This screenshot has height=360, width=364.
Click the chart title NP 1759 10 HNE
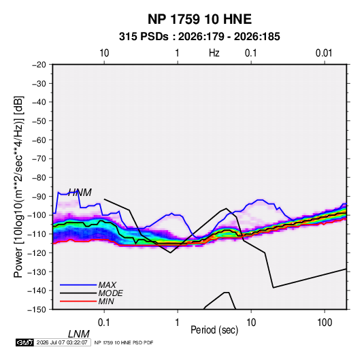point(199,19)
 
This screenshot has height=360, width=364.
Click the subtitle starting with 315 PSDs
point(199,37)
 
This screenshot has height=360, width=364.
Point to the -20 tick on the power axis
point(39,65)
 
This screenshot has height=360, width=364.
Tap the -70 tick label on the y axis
point(39,159)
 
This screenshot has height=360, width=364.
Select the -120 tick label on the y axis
point(37,252)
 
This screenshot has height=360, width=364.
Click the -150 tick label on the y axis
point(37,310)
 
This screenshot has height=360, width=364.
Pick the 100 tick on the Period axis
point(325,323)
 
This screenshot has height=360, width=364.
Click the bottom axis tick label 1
point(178,323)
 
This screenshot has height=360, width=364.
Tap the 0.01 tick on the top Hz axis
point(324,53)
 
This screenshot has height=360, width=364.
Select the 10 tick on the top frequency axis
point(104,53)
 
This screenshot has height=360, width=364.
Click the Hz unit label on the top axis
point(214,53)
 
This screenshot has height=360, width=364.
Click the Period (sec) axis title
point(214,330)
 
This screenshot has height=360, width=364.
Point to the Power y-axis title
point(18,187)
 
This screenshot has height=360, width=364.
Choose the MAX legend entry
point(107,285)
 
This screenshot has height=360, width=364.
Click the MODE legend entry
point(110,293)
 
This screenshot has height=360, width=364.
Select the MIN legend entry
point(106,301)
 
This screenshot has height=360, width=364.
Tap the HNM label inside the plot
point(80,193)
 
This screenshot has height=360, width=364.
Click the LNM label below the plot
point(79,334)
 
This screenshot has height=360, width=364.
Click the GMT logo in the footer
point(24,342)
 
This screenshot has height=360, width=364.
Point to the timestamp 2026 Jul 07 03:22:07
point(62,342)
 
